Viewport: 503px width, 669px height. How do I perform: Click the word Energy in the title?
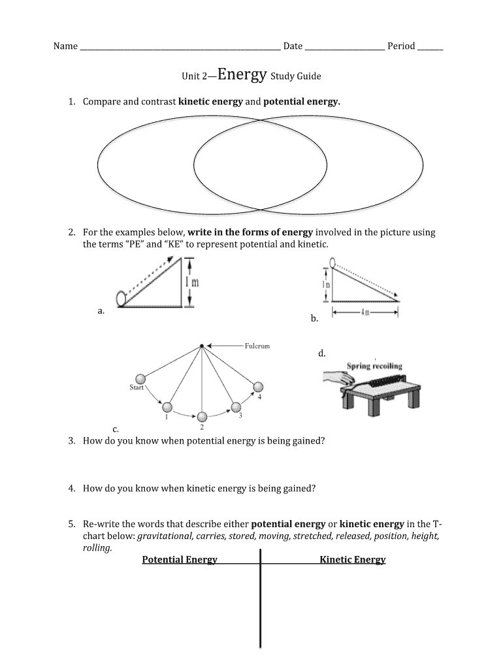point(242,74)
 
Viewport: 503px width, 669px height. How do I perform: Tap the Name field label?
point(65,46)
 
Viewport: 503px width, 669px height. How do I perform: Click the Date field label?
point(293,46)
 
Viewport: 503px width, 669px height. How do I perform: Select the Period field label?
point(401,46)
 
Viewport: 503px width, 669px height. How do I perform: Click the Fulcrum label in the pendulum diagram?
point(257,346)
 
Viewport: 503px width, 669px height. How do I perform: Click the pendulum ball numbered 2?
point(202,416)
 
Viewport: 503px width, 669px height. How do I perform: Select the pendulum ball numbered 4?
point(258,386)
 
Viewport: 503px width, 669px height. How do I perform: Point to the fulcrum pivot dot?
point(202,346)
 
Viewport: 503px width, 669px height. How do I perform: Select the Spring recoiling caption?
point(374,366)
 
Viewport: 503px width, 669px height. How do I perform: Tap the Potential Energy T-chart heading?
point(180,559)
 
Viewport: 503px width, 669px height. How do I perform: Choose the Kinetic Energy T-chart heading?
point(353,559)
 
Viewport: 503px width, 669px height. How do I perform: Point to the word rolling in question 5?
point(97,548)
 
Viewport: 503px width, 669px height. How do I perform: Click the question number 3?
point(71,441)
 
